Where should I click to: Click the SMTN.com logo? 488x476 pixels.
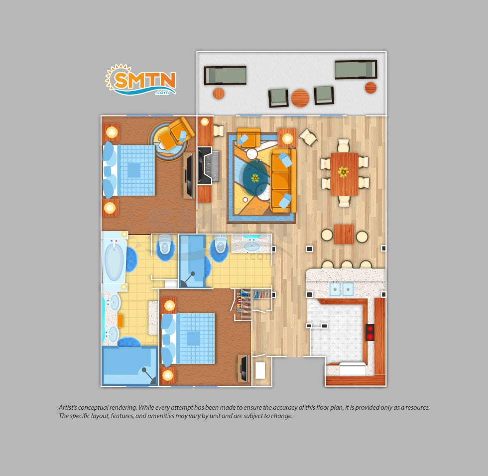(140, 80)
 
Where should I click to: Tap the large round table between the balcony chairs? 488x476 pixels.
(300, 98)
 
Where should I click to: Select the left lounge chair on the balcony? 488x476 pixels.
(225, 75)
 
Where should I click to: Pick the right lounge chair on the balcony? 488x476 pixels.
(356, 69)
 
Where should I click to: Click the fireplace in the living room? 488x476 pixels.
(208, 165)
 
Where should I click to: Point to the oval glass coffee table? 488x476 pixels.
(255, 178)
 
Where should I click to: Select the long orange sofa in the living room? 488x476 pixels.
(283, 180)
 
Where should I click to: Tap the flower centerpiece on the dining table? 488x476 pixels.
(343, 172)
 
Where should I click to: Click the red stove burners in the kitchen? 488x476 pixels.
(369, 332)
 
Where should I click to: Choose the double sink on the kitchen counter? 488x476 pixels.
(342, 289)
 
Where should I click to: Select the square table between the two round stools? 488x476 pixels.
(344, 235)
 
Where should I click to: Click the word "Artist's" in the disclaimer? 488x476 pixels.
(68, 408)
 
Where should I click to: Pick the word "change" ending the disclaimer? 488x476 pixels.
(282, 416)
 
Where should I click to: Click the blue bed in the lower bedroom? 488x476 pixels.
(188, 339)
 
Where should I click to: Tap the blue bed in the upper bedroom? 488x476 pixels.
(129, 170)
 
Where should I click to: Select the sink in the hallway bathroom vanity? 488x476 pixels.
(251, 246)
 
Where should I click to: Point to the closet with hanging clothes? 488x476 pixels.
(243, 304)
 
